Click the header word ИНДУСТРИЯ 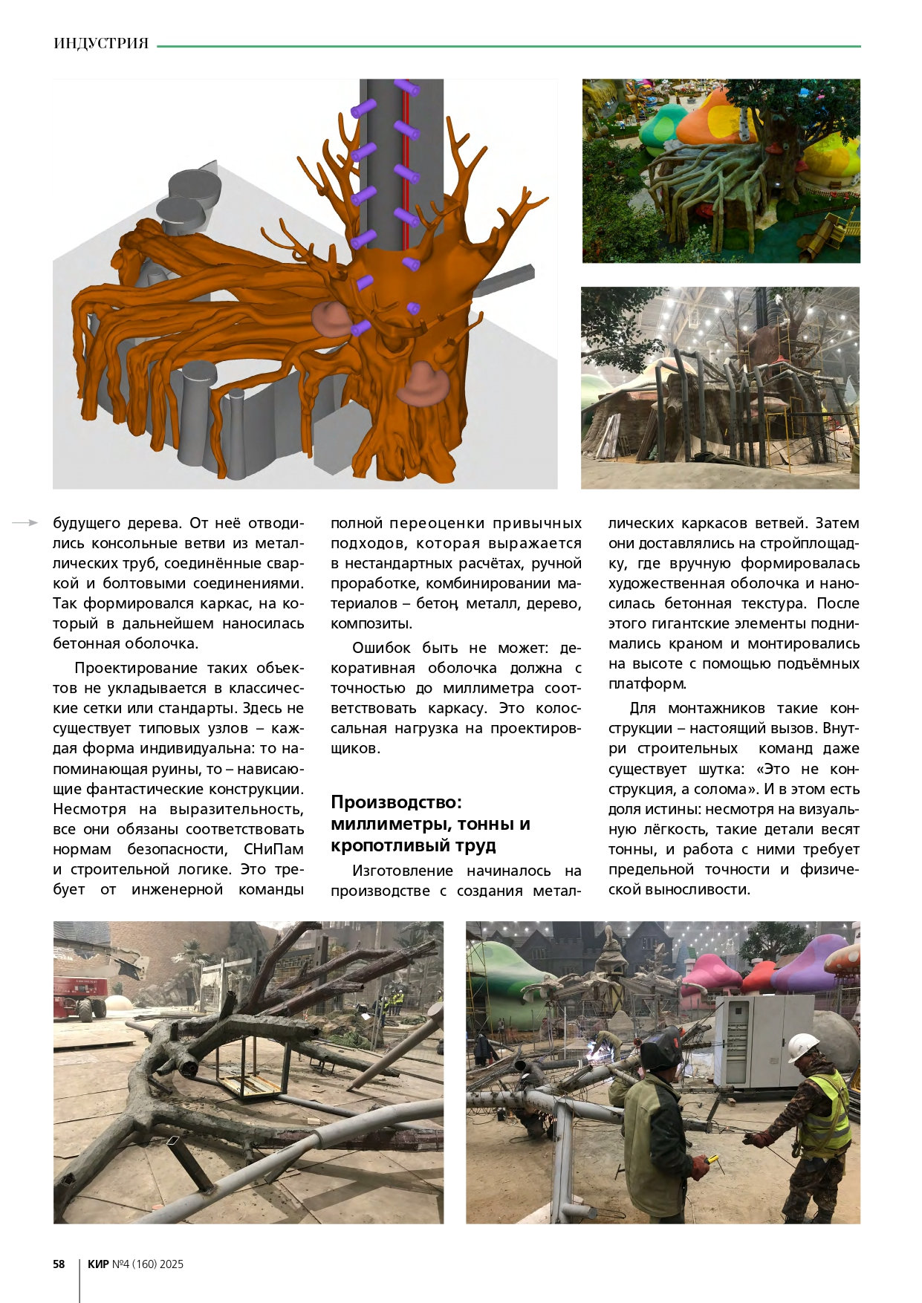click(x=101, y=44)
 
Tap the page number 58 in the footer click(x=59, y=1264)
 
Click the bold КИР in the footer click(x=98, y=1264)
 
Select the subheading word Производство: click(x=396, y=802)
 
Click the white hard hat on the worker click(x=804, y=1047)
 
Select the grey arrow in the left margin click(x=25, y=523)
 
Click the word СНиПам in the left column click(x=273, y=849)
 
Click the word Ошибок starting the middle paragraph click(x=380, y=648)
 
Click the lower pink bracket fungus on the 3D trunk click(x=423, y=383)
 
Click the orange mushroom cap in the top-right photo click(x=712, y=119)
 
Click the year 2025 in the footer click(x=171, y=1264)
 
